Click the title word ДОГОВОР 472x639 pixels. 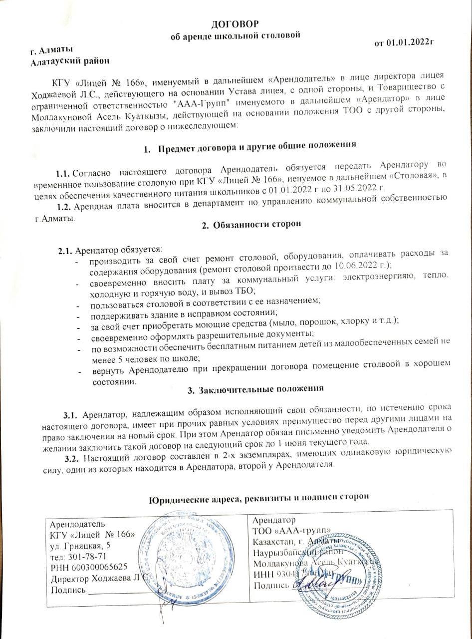[236, 24]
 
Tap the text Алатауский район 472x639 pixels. [69, 61]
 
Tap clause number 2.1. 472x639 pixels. [66, 249]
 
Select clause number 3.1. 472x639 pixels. [70, 415]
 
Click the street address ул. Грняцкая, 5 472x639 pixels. [81, 545]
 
